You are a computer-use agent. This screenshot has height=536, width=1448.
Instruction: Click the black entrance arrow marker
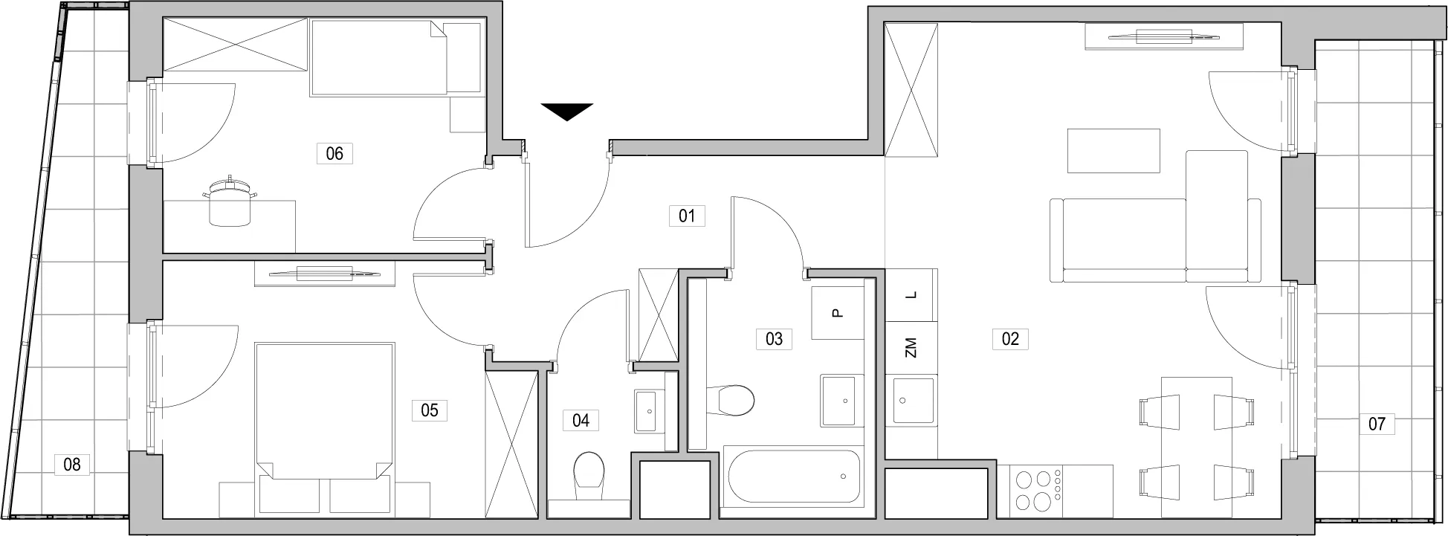[x=567, y=111]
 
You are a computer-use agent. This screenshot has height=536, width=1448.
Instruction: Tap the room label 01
[x=687, y=216]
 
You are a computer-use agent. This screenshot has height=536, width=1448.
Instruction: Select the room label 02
[x=1010, y=339]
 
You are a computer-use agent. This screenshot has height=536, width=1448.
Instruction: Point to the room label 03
[x=774, y=339]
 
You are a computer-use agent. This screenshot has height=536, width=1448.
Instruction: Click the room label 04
[x=581, y=421]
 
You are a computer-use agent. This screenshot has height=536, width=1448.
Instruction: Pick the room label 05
[x=430, y=410]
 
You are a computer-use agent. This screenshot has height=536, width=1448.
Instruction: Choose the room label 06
[x=334, y=154]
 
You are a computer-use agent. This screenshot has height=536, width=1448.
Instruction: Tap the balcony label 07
[x=1377, y=424]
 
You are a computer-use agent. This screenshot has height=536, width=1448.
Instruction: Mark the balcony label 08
[x=72, y=465]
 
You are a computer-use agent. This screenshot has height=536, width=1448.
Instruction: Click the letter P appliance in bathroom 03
[x=838, y=313]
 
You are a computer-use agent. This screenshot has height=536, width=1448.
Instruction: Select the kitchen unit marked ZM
[x=911, y=347]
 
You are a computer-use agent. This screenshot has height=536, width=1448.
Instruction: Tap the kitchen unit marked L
[x=911, y=295]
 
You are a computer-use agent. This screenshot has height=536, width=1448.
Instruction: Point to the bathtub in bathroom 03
[x=794, y=477]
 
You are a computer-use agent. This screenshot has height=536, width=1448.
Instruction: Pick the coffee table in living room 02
[x=1114, y=151]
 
